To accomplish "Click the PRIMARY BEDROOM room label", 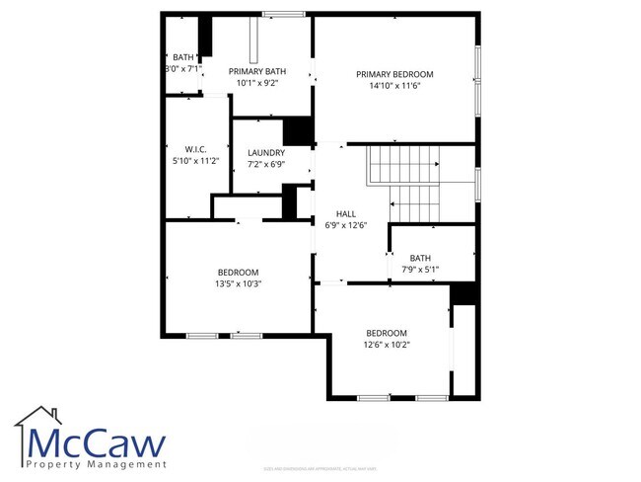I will click(394, 74).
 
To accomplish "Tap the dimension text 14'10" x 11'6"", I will click(394, 86).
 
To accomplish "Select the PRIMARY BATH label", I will click(257, 71).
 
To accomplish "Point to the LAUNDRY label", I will click(266, 152).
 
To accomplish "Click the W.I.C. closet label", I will click(194, 149).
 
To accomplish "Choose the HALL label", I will click(345, 213).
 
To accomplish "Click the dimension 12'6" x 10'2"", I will click(387, 345).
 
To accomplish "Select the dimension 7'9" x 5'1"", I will click(420, 268).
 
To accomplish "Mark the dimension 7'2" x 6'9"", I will click(266, 164).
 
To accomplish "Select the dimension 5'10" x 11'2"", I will click(194, 160).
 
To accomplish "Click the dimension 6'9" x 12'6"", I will click(345, 225).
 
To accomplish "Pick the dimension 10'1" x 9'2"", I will click(257, 83).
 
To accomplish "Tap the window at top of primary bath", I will click(283, 13).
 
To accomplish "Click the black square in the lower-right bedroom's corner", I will click(463, 294).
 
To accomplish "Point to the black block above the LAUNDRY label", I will click(297, 131).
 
